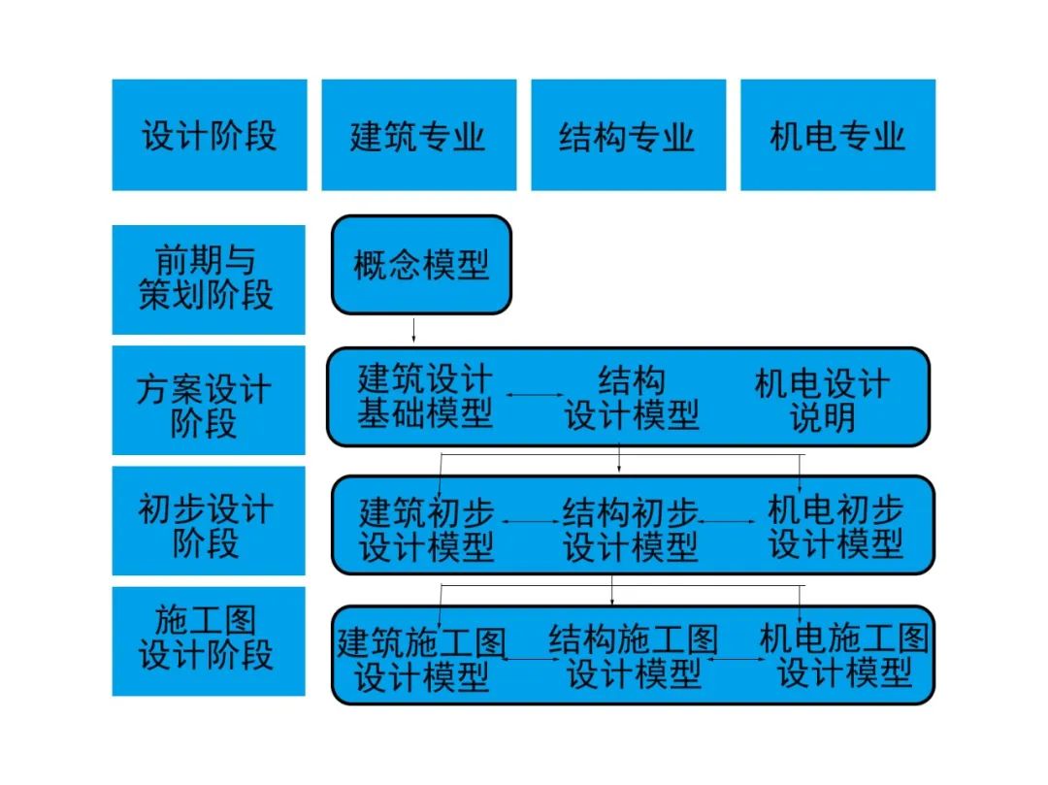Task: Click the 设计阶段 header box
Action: tap(210, 135)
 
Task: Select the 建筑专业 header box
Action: tap(419, 135)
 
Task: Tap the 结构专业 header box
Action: tap(628, 135)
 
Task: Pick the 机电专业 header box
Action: tap(838, 135)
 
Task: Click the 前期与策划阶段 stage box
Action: tap(209, 279)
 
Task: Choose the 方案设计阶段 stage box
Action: tap(209, 400)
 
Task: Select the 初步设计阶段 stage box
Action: tap(209, 520)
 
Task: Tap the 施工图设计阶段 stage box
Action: tap(209, 641)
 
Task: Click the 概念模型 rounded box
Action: tap(422, 265)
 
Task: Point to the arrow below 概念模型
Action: tap(413, 331)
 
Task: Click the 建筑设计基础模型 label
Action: tap(425, 396)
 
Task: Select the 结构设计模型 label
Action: tap(632, 398)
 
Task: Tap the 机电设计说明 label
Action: tap(822, 400)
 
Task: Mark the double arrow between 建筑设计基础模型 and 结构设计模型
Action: tap(536, 396)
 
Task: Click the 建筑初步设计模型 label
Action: tap(426, 530)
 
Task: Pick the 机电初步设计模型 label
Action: tap(835, 527)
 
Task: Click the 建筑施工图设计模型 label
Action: tap(421, 660)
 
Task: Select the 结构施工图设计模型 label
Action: tap(634, 657)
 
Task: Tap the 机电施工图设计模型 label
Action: tap(845, 655)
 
